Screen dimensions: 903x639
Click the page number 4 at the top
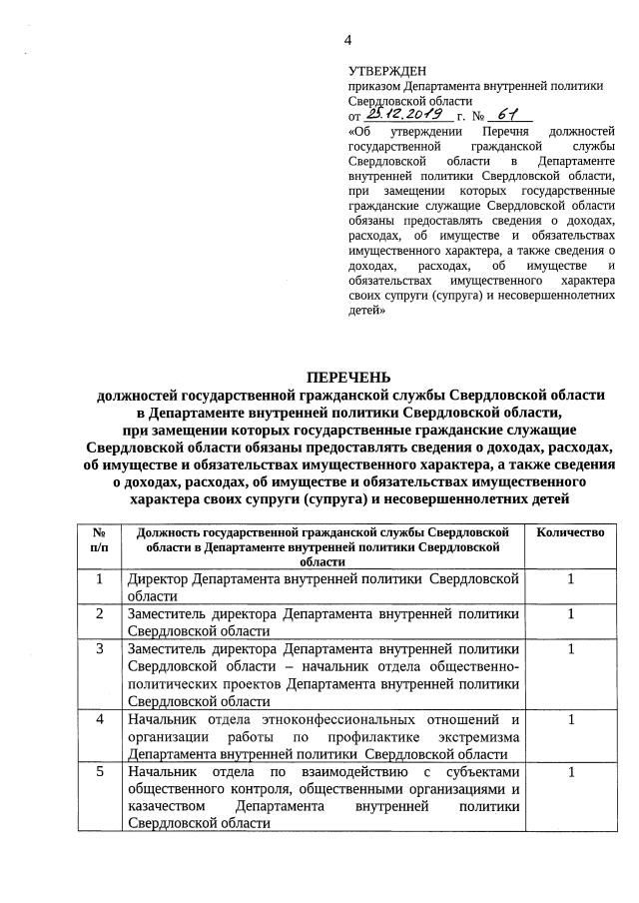pyautogui.click(x=348, y=40)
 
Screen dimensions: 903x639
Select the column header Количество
pyautogui.click(x=570, y=532)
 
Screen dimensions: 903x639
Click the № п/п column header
pyautogui.click(x=99, y=539)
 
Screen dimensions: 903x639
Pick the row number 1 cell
pyautogui.click(x=99, y=579)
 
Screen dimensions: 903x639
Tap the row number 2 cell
pyautogui.click(x=99, y=613)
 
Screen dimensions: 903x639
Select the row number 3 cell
pyautogui.click(x=99, y=649)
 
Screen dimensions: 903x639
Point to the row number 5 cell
pyautogui.click(x=99, y=772)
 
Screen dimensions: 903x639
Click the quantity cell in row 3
pyautogui.click(x=570, y=649)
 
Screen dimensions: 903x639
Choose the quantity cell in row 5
pyautogui.click(x=570, y=772)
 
